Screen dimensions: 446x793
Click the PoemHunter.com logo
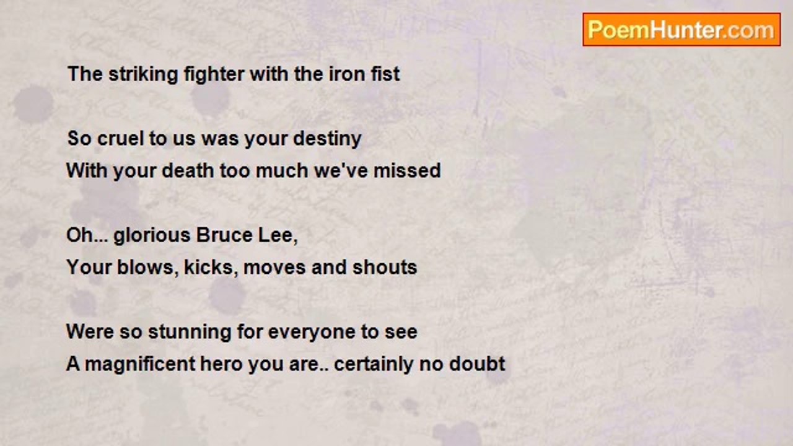pos(681,30)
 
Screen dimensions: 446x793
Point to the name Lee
pos(278,236)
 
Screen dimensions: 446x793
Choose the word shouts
pos(385,268)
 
